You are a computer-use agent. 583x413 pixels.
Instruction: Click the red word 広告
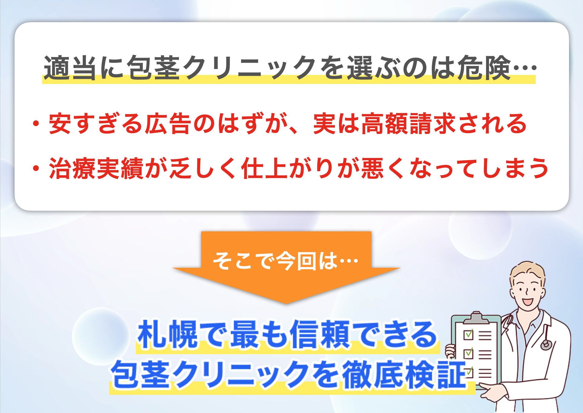point(168,123)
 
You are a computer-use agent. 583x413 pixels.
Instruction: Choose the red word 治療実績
point(96,168)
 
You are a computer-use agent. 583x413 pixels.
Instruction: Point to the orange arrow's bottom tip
point(286,304)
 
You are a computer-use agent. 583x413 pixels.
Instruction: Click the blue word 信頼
point(320,335)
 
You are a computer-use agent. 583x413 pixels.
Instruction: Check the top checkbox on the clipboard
point(468,334)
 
